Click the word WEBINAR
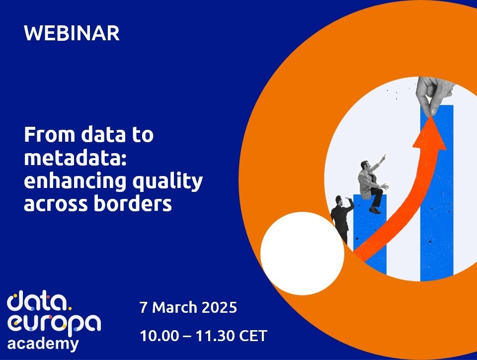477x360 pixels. click(72, 33)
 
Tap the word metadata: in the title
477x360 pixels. click(75, 158)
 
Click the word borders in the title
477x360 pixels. click(133, 203)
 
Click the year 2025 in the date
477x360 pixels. click(219, 307)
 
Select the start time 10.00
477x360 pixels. click(159, 336)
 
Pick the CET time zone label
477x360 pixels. click(253, 336)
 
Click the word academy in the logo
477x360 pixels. click(43, 345)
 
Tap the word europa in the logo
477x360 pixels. click(54, 324)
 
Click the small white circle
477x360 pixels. click(303, 254)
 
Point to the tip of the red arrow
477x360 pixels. click(430, 116)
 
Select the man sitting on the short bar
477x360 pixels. click(371, 185)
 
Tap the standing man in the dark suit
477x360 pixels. click(341, 218)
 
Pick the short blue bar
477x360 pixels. click(370, 234)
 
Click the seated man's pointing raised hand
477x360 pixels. click(384, 157)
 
